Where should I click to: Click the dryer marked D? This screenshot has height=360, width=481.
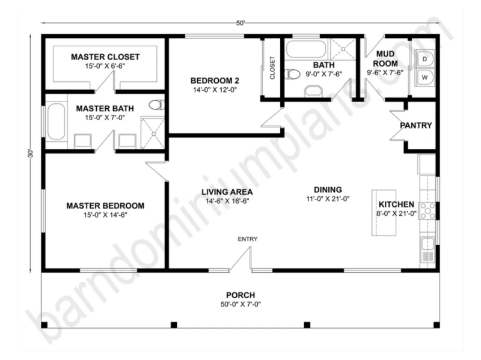click(x=424, y=58)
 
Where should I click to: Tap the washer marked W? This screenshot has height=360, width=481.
click(x=424, y=78)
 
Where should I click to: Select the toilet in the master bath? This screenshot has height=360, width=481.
click(x=156, y=105)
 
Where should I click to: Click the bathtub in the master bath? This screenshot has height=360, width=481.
click(x=56, y=121)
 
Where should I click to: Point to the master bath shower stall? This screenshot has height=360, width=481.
click(x=153, y=132)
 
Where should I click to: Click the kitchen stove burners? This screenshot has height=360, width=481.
click(x=427, y=211)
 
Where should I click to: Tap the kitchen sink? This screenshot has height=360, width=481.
click(x=427, y=245)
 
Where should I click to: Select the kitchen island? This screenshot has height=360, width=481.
click(x=384, y=213)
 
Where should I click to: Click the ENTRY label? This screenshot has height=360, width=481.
click(x=248, y=239)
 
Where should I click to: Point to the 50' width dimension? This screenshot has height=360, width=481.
click(x=240, y=23)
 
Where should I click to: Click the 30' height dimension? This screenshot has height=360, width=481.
click(x=30, y=153)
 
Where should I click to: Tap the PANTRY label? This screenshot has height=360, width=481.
click(x=415, y=126)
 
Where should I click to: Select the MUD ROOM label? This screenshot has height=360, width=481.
click(x=385, y=58)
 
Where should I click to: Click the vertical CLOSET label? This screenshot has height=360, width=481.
click(x=272, y=68)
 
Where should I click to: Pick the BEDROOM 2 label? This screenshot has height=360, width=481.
click(x=215, y=81)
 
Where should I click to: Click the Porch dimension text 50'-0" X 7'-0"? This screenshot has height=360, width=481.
click(x=240, y=305)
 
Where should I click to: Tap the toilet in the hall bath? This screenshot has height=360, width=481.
click(x=292, y=74)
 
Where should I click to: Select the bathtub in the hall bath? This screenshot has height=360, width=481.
click(x=306, y=49)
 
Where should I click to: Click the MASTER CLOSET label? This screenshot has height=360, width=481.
click(x=105, y=56)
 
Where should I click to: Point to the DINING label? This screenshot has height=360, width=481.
click(x=328, y=190)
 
